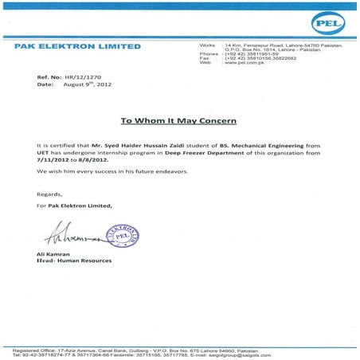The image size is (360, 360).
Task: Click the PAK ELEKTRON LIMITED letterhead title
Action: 77,46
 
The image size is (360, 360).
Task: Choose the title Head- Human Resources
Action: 74,261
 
